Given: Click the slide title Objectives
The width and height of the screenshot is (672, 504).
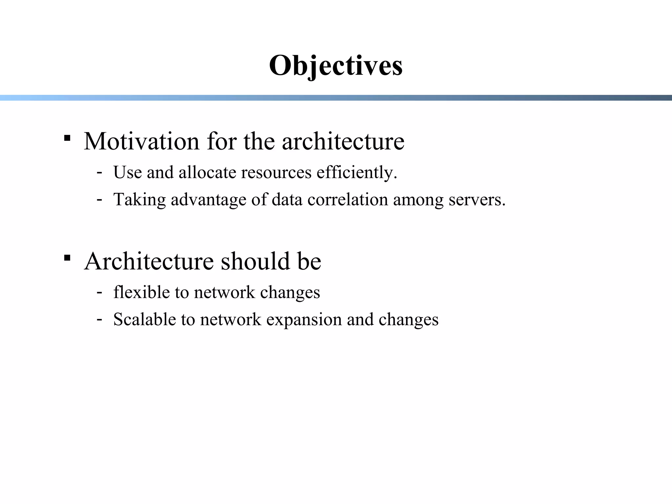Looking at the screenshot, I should [x=336, y=66].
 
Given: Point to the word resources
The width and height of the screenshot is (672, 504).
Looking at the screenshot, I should [x=276, y=172].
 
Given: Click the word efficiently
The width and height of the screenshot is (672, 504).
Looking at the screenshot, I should [x=357, y=173].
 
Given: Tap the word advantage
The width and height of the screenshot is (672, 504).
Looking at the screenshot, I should [x=208, y=200].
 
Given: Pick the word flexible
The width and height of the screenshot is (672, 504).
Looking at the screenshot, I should [x=141, y=292].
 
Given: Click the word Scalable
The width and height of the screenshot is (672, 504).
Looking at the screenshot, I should [x=144, y=319].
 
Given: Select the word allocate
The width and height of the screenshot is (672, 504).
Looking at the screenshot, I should [x=207, y=172].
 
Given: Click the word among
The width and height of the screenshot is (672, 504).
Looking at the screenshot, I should [x=418, y=200].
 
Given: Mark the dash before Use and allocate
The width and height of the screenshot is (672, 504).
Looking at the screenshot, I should [x=99, y=172].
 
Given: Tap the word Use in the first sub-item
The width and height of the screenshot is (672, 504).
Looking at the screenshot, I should [x=127, y=172].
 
